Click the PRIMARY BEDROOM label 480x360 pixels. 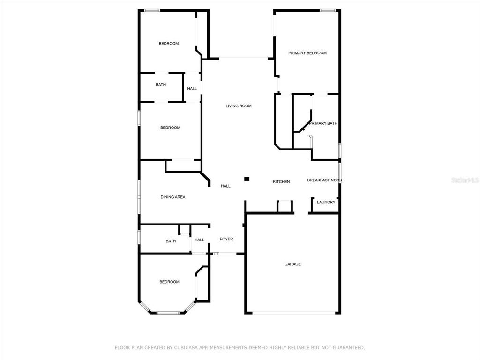[307, 53]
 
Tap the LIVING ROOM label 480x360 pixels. [239, 106]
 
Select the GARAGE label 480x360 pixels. [292, 264]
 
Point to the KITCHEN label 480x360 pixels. [281, 182]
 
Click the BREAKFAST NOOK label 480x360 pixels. [324, 180]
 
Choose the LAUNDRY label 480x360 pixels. [326, 202]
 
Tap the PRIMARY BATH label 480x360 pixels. [323, 123]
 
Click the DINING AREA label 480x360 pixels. [173, 197]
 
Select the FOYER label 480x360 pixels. [226, 239]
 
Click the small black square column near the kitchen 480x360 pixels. [247, 179]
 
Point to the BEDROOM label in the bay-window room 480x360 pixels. [169, 282]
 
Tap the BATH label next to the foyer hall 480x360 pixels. [171, 241]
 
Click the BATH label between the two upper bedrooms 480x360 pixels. [161, 85]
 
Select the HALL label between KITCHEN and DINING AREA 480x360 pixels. [225, 186]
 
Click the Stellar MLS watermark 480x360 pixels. [465, 180]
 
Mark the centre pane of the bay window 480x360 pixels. [168, 313]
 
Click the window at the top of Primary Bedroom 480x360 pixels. [328, 10]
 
